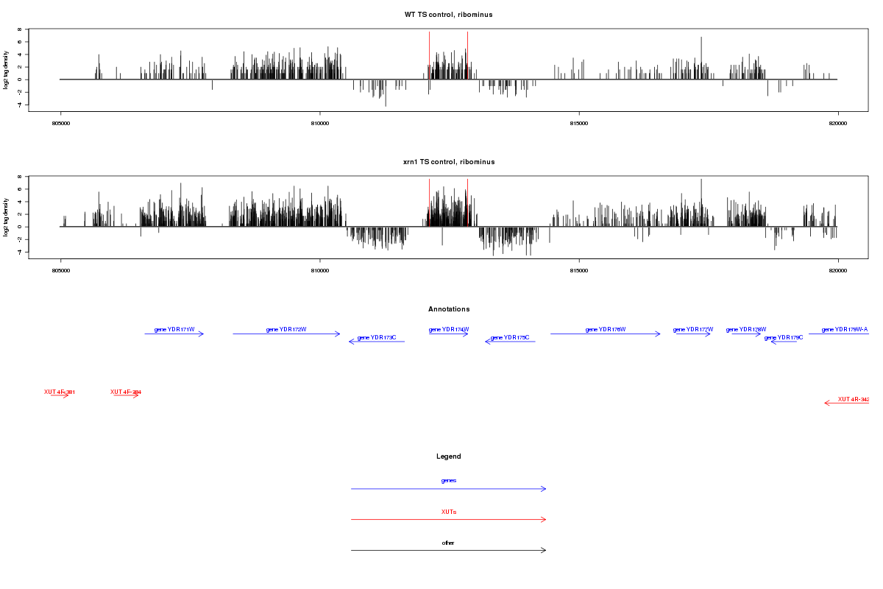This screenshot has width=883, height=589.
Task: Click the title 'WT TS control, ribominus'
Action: point(448,15)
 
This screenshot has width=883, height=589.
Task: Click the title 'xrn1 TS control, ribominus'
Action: point(448,162)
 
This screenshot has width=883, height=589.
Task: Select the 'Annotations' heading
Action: point(448,309)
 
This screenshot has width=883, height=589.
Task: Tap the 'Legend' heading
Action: point(448,456)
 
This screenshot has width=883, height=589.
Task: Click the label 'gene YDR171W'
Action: point(174,329)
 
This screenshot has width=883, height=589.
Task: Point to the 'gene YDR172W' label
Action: point(286,329)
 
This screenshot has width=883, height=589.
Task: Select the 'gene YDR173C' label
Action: point(377,338)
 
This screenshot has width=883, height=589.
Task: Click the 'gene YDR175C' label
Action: point(510,338)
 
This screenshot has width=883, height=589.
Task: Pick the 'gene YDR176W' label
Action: point(605,329)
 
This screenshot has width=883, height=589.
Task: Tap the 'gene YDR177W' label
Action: point(693,329)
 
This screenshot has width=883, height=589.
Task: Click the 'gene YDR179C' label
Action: point(784,338)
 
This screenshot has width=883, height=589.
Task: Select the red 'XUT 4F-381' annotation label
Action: point(60,392)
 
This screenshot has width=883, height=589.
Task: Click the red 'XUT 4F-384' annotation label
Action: point(126,392)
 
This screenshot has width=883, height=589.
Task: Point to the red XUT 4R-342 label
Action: point(854,399)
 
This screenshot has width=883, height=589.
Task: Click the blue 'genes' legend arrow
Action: point(448,489)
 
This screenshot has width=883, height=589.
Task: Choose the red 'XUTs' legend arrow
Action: point(448,520)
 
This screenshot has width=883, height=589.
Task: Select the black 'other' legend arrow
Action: point(448,550)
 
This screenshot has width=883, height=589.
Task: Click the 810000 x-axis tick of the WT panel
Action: point(320,123)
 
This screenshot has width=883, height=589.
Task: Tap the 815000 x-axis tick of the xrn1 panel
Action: point(579,270)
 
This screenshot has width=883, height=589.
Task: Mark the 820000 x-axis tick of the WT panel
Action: point(838,123)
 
